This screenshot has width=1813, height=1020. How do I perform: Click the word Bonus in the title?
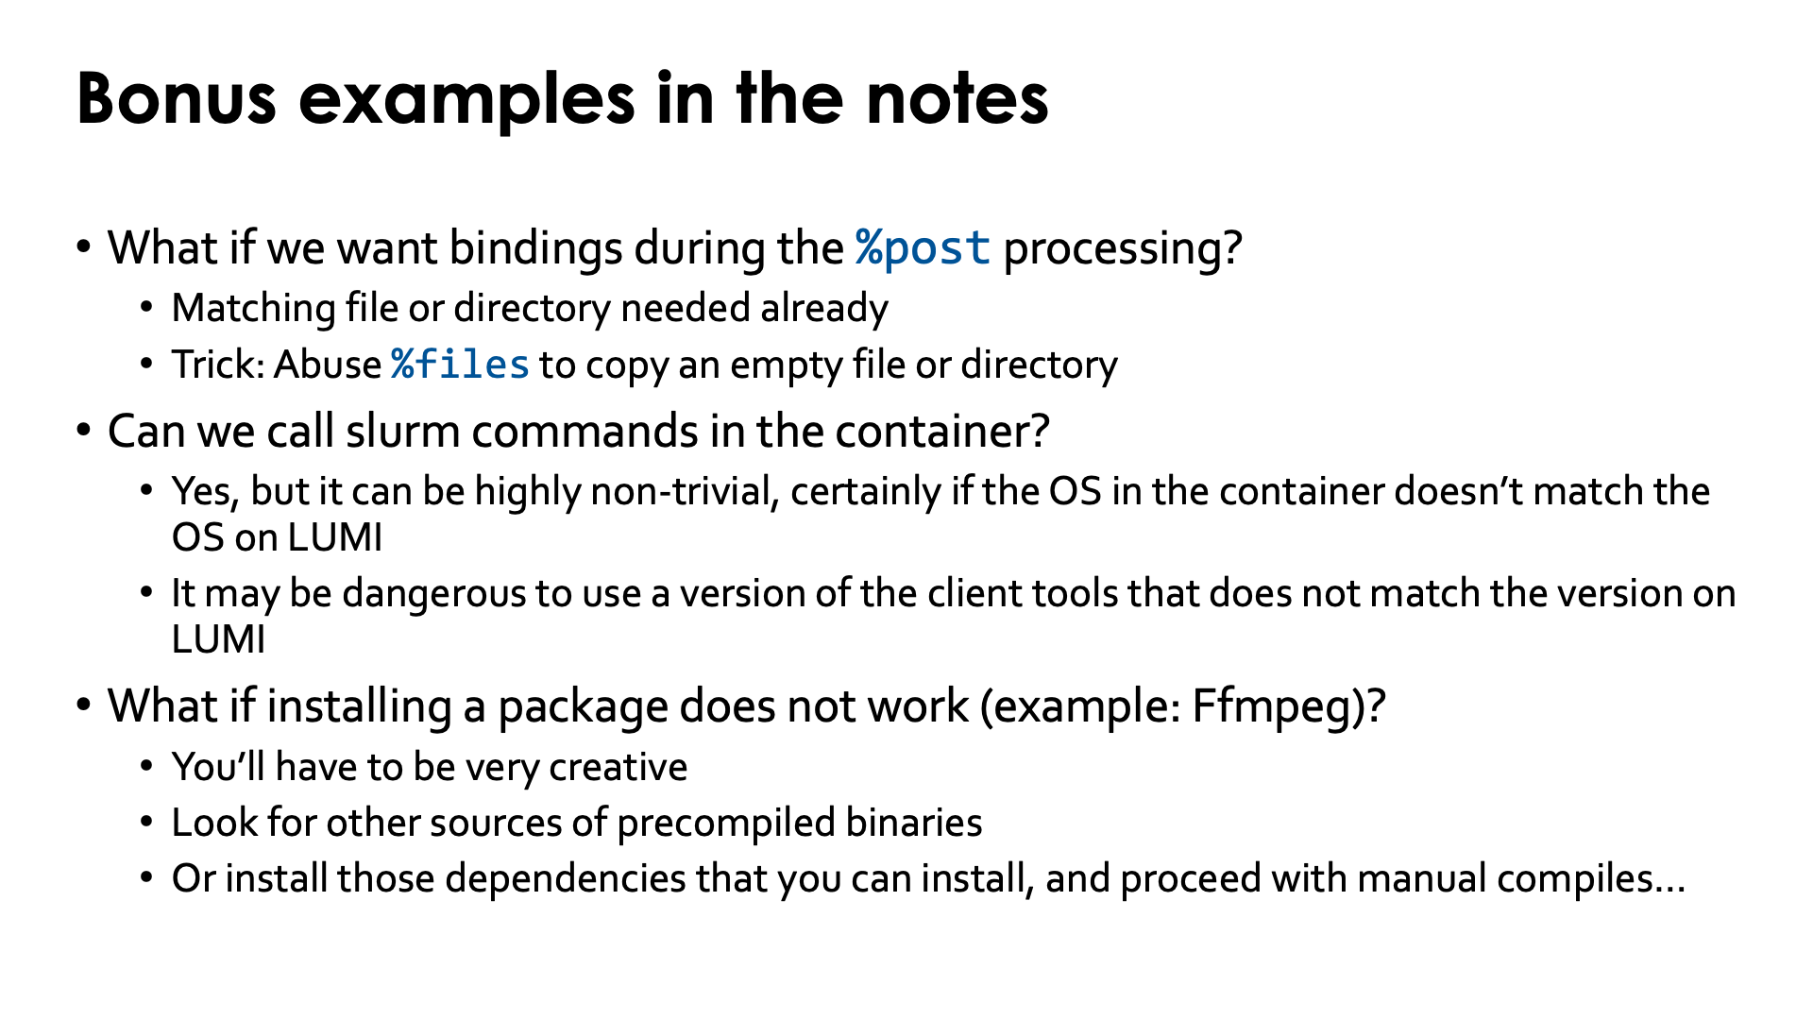177,98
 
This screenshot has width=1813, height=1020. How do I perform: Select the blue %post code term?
923,248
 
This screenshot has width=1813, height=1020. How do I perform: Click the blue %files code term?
461,365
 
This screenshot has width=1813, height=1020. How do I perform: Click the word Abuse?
327,365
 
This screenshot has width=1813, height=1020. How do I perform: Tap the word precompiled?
726,824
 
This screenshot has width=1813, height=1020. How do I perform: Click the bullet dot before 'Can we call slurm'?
84,432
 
